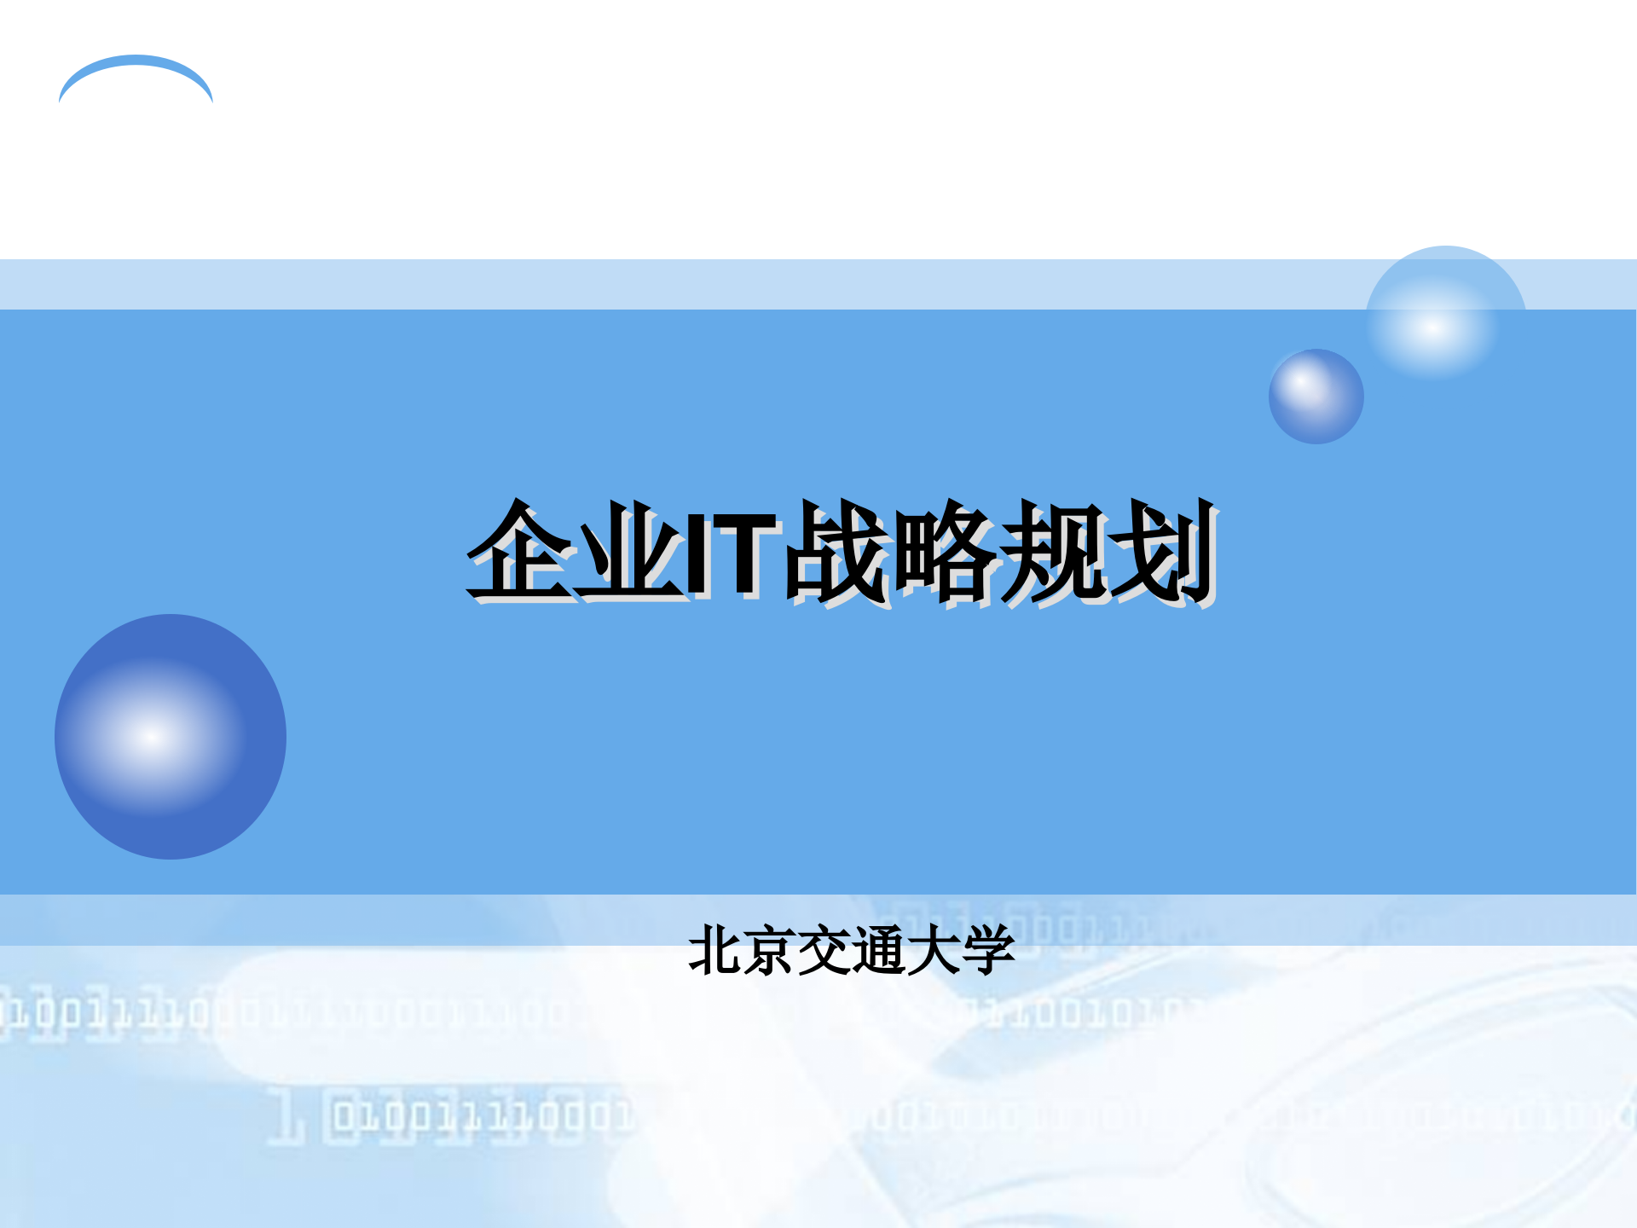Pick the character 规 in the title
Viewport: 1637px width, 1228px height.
pos(1054,550)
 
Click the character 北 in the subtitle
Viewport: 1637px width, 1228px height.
pos(714,950)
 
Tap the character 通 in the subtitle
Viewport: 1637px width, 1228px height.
pos(878,950)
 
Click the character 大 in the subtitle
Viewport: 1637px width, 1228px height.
pos(933,950)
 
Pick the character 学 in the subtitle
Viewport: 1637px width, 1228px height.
pos(987,950)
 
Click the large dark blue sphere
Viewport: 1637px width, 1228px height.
pos(171,737)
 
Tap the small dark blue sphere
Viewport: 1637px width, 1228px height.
pos(1316,397)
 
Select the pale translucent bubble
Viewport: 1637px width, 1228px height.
pos(1446,311)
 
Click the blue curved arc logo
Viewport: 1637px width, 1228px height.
pos(136,68)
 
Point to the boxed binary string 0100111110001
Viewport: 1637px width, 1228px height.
pos(482,1116)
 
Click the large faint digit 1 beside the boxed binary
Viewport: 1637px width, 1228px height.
pos(286,1115)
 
